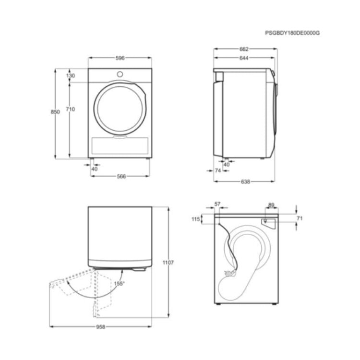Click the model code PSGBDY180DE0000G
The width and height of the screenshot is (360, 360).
pos(292,33)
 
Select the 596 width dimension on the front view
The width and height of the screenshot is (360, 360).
pos(120,58)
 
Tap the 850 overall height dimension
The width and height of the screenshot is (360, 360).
pos(55,112)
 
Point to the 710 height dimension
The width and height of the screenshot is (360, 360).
pos(71,109)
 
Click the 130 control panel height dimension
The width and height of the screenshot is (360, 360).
pos(71,75)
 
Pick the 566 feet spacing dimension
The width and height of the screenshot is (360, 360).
pos(121,176)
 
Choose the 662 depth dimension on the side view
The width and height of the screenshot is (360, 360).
pos(244,49)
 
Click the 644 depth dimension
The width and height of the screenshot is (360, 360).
pos(244,58)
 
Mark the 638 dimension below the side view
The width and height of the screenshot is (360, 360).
pos(245,181)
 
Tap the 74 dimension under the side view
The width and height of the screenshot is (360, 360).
pos(218,170)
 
